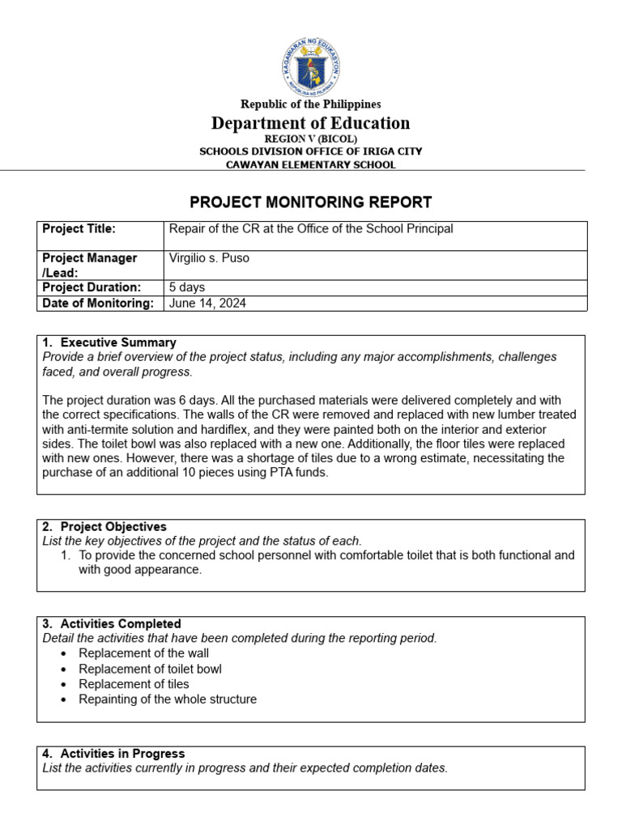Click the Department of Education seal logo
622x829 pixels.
click(x=311, y=65)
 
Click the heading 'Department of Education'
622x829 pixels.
click(x=311, y=123)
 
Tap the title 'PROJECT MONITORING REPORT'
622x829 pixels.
click(x=311, y=202)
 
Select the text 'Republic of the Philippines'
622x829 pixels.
click(x=311, y=104)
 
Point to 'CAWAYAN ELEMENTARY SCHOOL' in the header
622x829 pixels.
click(x=311, y=164)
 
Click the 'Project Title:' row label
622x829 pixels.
click(x=79, y=229)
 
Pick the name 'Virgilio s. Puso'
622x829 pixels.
click(x=210, y=258)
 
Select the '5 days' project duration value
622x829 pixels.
click(x=187, y=287)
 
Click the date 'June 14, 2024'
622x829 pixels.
click(x=208, y=304)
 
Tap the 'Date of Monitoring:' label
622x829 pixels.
click(x=97, y=304)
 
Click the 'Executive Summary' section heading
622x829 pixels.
click(x=118, y=342)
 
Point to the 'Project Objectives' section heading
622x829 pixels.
click(x=113, y=527)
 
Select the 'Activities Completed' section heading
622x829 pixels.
click(x=121, y=624)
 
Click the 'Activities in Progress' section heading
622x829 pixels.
click(x=122, y=754)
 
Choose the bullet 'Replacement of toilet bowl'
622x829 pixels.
click(x=150, y=669)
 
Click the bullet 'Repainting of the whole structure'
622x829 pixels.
click(x=168, y=699)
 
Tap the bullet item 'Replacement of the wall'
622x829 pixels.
click(x=143, y=653)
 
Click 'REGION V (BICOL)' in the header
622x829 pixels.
click(x=311, y=139)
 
